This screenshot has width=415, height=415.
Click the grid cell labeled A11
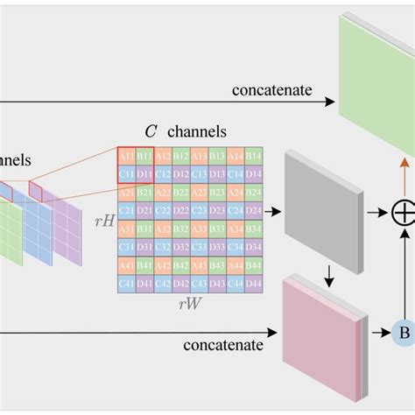(x=126, y=155)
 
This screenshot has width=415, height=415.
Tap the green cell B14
(x=254, y=155)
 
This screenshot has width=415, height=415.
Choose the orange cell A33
(x=199, y=229)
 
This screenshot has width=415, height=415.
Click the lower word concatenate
(x=223, y=344)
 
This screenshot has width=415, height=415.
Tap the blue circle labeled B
(x=404, y=333)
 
